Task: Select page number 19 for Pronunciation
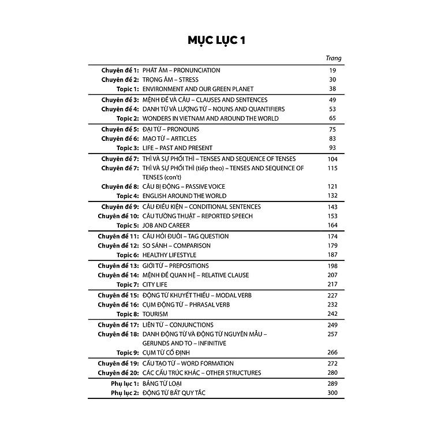[333, 70]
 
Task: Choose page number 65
[333, 118]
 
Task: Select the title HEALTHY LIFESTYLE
[169, 255]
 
